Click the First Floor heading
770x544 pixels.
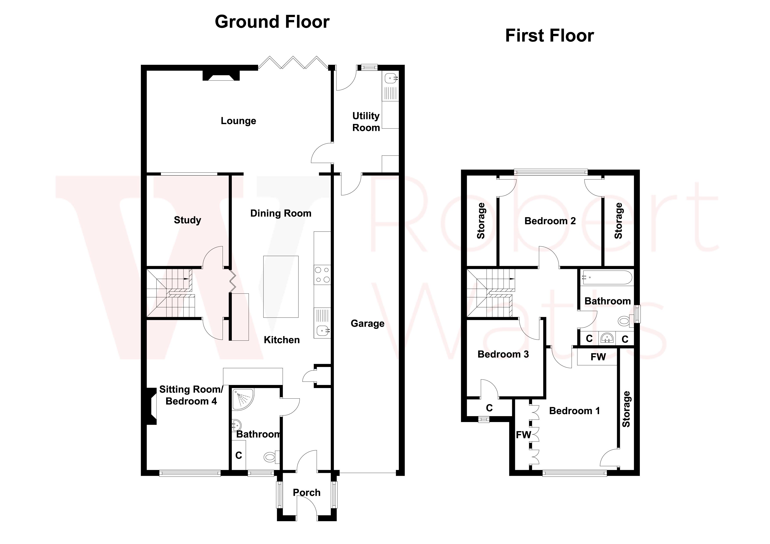tap(549, 36)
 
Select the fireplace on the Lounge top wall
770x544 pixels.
tap(221, 75)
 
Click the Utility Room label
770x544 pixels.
tap(366, 122)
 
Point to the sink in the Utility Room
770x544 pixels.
tap(391, 79)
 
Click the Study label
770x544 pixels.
tap(187, 220)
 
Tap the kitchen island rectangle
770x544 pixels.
tap(281, 286)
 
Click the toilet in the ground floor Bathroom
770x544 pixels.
tap(270, 456)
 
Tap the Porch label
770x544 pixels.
tap(306, 492)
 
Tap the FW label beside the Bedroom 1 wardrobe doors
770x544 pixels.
tap(523, 435)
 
